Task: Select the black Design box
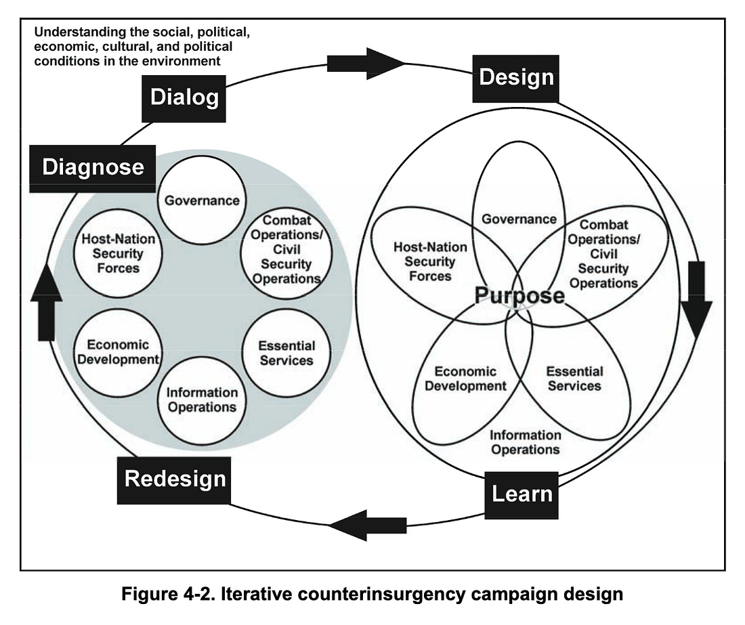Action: coord(516,77)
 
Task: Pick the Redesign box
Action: coord(175,479)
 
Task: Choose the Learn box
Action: coord(521,493)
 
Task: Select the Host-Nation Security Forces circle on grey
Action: coord(119,254)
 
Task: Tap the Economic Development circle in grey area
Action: coord(118,352)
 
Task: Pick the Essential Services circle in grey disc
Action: coord(286,353)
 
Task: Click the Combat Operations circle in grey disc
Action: coord(282,250)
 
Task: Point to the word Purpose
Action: coord(519,296)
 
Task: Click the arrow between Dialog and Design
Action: coord(365,63)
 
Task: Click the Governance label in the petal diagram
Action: coord(519,219)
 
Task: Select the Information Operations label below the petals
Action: coord(525,442)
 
